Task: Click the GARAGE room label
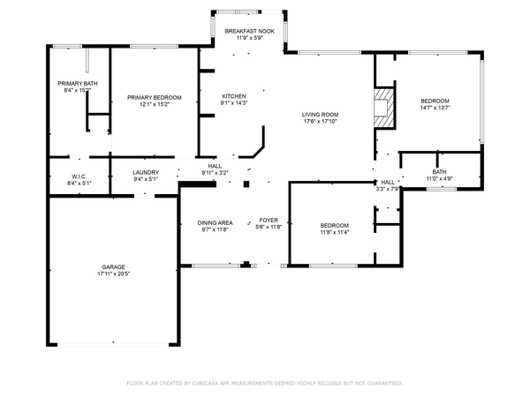click(114, 267)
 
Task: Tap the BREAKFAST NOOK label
click(250, 31)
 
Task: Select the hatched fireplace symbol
click(384, 108)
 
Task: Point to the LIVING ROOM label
click(320, 115)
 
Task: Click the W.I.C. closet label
click(79, 176)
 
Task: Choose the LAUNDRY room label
click(146, 173)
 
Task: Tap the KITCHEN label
click(234, 96)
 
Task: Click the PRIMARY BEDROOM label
click(155, 98)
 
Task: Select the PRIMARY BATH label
click(78, 84)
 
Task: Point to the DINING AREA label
click(215, 223)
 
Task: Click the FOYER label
click(269, 220)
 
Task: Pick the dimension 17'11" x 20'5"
click(114, 273)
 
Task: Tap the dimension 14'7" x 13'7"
click(435, 108)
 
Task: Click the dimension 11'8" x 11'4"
click(335, 232)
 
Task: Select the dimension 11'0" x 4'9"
click(439, 178)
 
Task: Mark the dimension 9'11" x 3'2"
click(215, 173)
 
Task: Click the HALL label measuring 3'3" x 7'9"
click(388, 183)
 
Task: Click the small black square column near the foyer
click(246, 184)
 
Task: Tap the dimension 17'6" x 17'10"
click(321, 121)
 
